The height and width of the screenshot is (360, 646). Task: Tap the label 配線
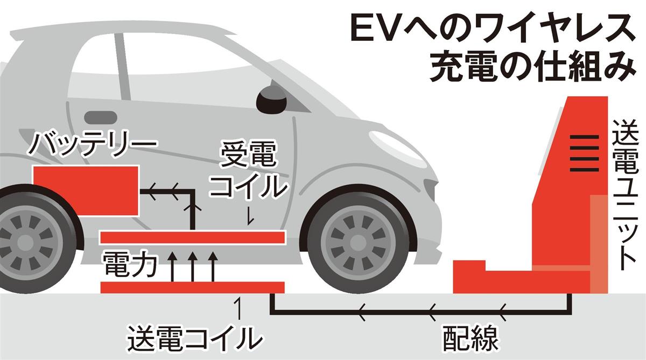pos(466,337)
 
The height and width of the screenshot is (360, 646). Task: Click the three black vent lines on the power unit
pos(584,153)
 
